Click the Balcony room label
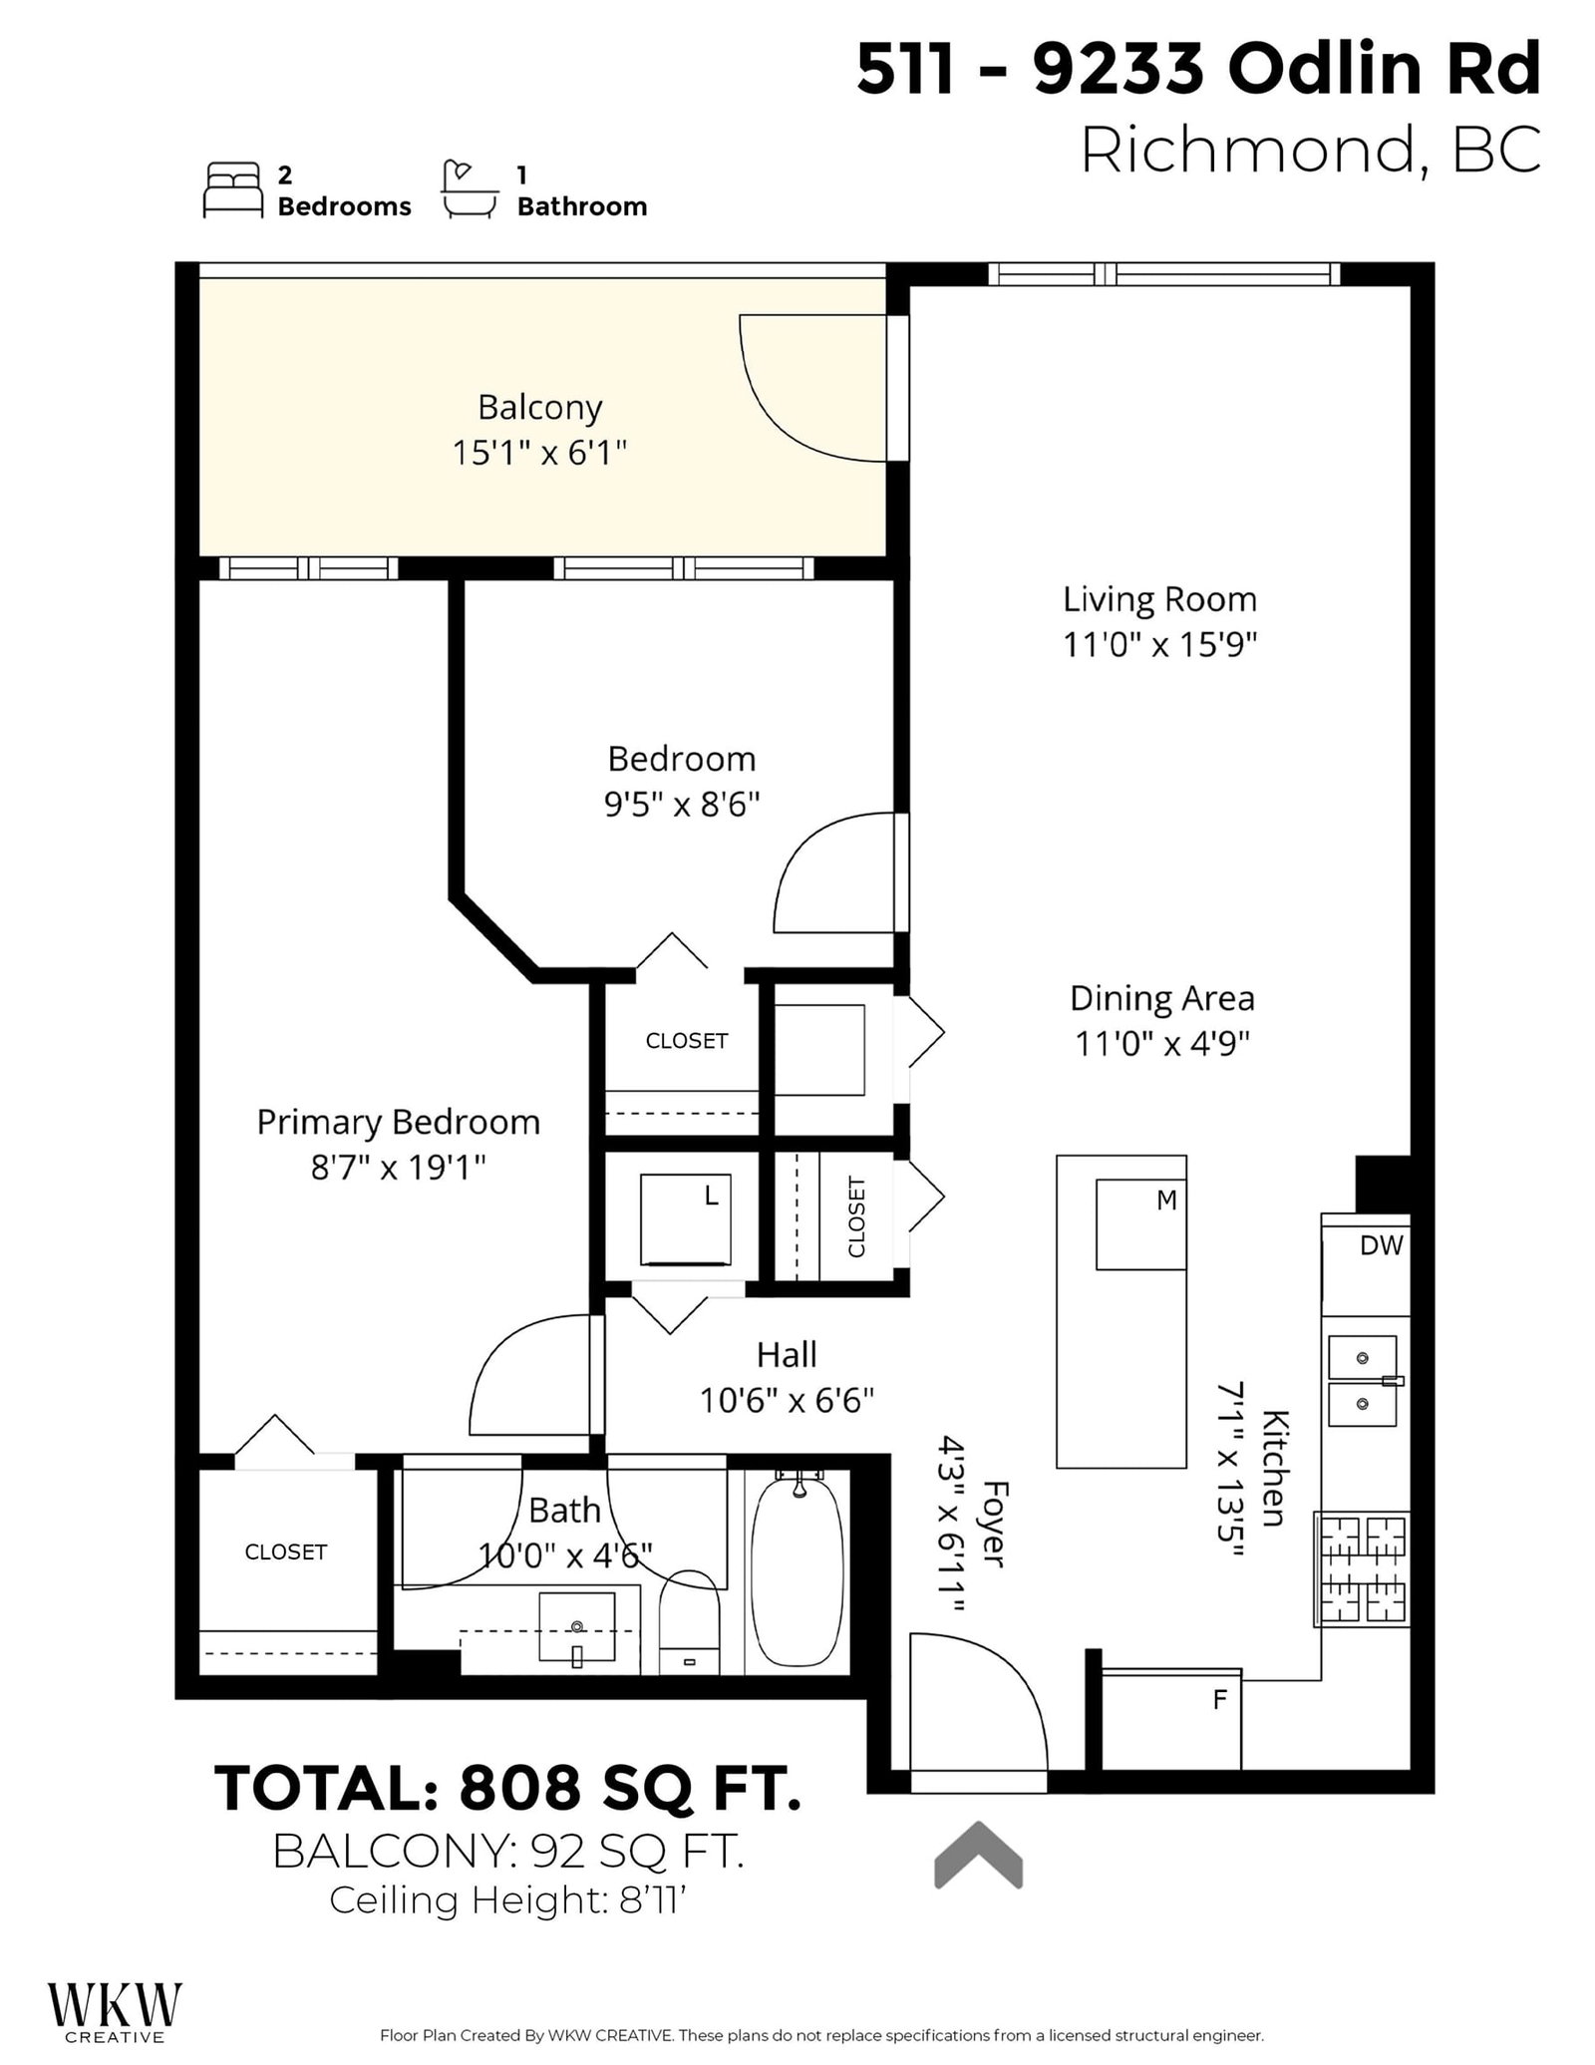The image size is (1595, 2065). [539, 408]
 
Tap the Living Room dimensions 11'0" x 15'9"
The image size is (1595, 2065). [1159, 645]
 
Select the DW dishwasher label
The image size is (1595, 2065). [1381, 1245]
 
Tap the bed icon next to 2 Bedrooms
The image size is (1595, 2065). [232, 189]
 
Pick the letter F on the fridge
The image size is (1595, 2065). [1219, 1701]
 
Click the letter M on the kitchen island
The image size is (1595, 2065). [1166, 1202]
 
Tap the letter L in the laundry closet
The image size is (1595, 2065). [712, 1196]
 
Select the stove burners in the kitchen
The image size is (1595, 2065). [1363, 1568]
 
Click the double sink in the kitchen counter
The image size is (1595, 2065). [1362, 1382]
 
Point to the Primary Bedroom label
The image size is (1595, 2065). [398, 1123]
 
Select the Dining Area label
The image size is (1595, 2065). [1161, 998]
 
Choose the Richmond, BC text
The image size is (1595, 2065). [1310, 151]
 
